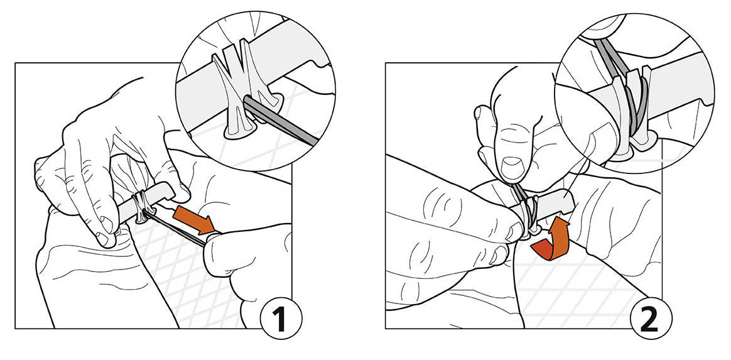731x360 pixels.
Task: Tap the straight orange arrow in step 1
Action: pyautogui.click(x=193, y=221)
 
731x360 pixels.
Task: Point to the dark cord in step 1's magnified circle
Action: pyautogui.click(x=279, y=119)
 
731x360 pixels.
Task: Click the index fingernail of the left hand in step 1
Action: pyautogui.click(x=106, y=239)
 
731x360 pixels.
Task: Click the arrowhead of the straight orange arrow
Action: pyautogui.click(x=205, y=224)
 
